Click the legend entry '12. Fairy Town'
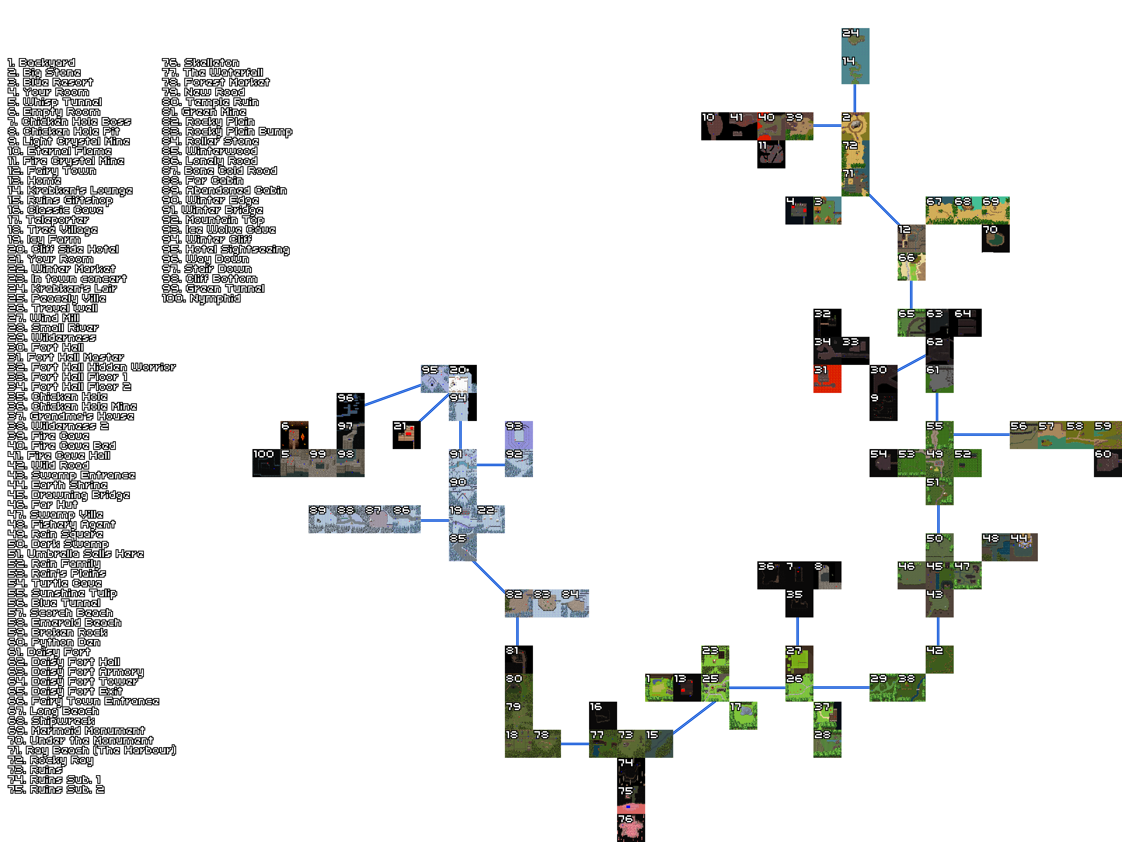pyautogui.click(x=52, y=171)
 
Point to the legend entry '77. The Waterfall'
pyautogui.click(x=213, y=73)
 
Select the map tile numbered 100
pyautogui.click(x=266, y=463)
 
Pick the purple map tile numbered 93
pyautogui.click(x=518, y=435)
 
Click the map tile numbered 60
pyautogui.click(x=1107, y=463)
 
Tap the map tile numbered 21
pyautogui.click(x=406, y=435)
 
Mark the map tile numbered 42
pyautogui.click(x=939, y=659)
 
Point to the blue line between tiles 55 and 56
pyautogui.click(x=981, y=434)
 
